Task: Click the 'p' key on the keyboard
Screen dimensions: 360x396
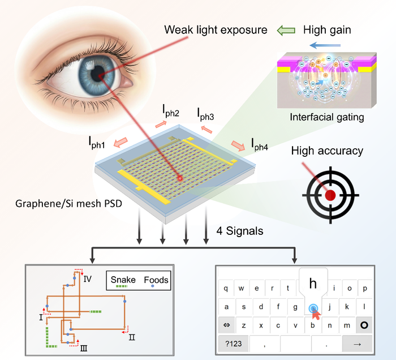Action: coord(365,288)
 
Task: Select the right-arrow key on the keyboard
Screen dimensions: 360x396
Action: coord(357,344)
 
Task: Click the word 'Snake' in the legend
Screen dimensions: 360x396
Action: coord(123,280)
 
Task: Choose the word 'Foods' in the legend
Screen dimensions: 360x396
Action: coord(156,280)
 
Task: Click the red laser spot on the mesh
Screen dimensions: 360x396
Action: coord(180,179)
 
